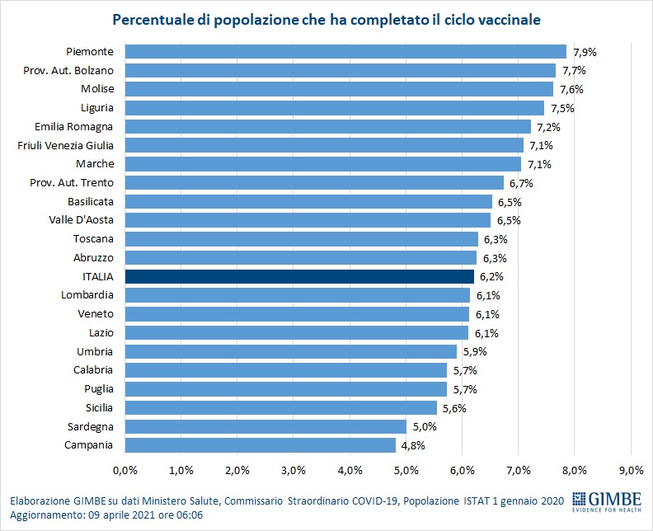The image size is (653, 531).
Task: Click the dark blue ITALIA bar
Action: click(299, 276)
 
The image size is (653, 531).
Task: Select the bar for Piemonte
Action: click(345, 51)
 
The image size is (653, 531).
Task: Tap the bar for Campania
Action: click(260, 445)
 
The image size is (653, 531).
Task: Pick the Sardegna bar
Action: click(265, 426)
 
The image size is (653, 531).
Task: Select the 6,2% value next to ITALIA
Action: click(491, 276)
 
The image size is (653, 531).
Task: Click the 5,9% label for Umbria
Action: click(473, 351)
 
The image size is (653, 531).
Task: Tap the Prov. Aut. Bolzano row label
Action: click(74, 70)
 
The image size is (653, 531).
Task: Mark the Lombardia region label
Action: click(87, 295)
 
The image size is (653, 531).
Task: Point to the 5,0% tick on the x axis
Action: click(406, 470)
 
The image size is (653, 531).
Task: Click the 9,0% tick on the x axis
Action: click(631, 470)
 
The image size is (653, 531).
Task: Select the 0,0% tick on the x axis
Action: click(124, 470)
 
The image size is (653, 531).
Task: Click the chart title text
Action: click(326, 17)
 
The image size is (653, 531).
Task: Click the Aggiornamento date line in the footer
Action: click(106, 515)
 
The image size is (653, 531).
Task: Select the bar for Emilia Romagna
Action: click(327, 126)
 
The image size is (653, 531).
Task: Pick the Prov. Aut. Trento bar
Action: click(314, 182)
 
